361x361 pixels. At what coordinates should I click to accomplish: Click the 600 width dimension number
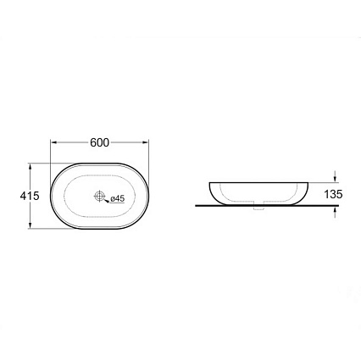(x=99, y=142)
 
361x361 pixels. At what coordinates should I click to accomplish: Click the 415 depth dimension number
(x=30, y=196)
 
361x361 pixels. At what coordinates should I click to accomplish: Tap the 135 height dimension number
(x=333, y=194)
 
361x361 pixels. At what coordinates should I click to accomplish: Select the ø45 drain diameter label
(x=117, y=198)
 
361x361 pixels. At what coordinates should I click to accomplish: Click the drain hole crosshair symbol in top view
(x=99, y=196)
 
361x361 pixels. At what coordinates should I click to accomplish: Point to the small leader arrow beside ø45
(x=107, y=201)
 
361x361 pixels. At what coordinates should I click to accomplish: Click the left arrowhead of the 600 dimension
(x=53, y=142)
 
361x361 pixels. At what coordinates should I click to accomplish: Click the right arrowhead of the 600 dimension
(x=145, y=142)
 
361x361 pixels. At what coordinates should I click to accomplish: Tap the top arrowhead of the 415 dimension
(x=30, y=167)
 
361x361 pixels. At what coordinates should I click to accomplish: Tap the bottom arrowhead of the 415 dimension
(x=30, y=225)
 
